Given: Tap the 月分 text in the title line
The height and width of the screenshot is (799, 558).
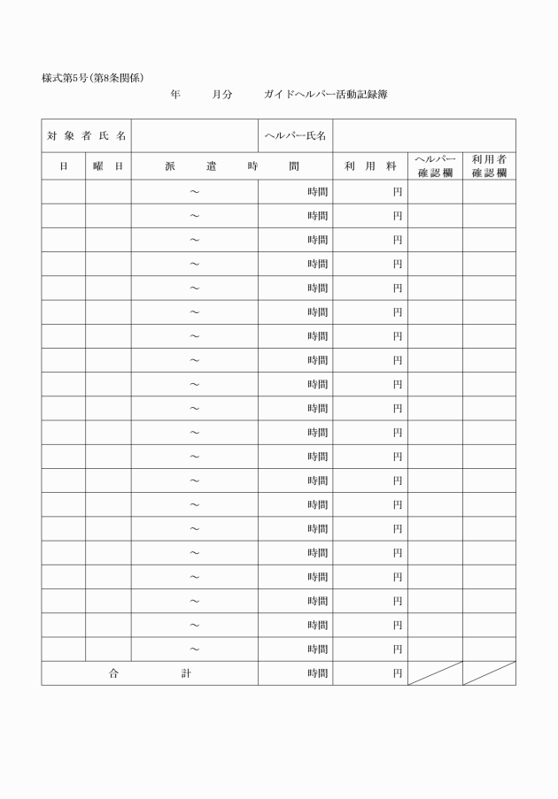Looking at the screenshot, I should click(x=221, y=94).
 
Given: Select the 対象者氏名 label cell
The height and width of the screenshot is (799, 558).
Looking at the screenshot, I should click(x=86, y=135).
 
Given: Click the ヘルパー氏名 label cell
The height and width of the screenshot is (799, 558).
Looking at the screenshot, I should click(x=296, y=135).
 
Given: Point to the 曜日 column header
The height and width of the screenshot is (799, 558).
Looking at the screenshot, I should click(x=108, y=166).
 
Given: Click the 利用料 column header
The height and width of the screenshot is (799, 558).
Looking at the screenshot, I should click(x=370, y=166).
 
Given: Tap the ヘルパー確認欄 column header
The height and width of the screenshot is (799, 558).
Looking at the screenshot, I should click(x=435, y=165).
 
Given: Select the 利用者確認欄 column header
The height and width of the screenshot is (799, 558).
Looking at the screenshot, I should click(x=489, y=165).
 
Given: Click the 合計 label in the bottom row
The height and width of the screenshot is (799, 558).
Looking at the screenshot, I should click(x=150, y=673).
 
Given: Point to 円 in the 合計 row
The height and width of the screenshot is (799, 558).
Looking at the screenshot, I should click(x=398, y=673).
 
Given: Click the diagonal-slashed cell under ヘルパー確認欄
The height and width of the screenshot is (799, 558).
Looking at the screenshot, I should click(x=435, y=673).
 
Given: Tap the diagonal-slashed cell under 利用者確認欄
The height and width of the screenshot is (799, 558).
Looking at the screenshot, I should click(x=489, y=673).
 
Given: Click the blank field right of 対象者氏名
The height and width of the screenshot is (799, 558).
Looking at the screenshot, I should click(x=195, y=135).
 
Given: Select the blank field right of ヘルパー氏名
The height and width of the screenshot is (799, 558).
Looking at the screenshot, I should click(x=424, y=135).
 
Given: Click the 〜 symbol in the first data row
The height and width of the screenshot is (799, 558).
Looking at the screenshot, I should click(x=195, y=192).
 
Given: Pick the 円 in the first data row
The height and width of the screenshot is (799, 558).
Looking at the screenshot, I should click(x=398, y=192).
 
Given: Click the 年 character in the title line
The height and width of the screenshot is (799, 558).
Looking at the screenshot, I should click(x=174, y=94).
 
